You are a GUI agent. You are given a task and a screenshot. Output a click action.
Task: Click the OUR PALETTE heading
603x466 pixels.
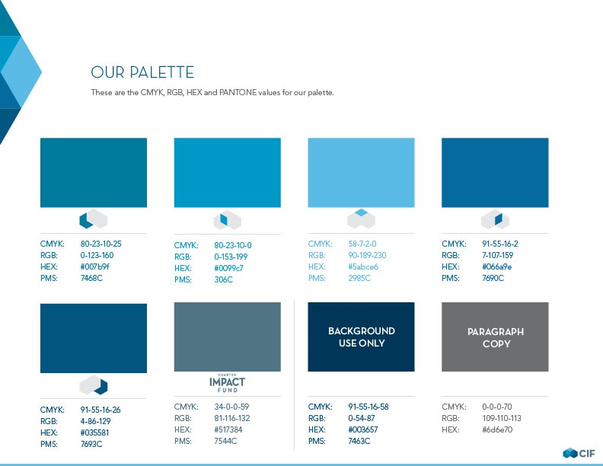click(142, 72)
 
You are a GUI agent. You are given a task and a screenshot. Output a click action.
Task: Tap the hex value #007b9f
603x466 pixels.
click(95, 267)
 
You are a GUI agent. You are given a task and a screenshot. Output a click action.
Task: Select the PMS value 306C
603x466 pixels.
click(223, 279)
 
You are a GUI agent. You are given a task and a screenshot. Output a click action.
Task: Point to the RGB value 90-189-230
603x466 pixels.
click(367, 255)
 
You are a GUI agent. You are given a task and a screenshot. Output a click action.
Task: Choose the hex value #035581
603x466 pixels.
click(94, 432)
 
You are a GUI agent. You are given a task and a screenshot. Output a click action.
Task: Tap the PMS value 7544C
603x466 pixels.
click(225, 441)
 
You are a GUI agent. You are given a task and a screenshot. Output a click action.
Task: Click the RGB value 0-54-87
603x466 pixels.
click(362, 418)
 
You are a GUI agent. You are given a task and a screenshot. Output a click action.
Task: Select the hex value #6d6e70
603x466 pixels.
click(497, 429)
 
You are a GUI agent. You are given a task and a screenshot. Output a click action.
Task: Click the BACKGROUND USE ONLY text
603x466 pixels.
click(362, 337)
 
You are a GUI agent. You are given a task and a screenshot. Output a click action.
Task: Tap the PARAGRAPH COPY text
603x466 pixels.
click(496, 337)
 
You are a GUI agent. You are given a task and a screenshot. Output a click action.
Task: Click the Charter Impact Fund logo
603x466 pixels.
click(228, 383)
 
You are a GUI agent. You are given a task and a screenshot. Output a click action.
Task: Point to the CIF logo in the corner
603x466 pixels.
click(579, 453)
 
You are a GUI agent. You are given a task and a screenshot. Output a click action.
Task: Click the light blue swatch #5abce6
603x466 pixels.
click(361, 173)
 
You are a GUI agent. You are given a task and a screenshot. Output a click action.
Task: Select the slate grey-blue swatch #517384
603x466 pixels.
click(228, 337)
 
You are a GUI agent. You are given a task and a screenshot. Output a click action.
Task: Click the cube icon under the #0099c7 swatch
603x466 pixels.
click(228, 220)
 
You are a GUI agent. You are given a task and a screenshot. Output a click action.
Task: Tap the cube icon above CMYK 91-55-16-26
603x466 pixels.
click(94, 385)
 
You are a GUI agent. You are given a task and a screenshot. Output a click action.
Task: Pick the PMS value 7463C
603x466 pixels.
click(359, 441)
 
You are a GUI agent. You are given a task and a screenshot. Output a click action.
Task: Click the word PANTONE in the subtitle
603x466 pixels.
click(238, 92)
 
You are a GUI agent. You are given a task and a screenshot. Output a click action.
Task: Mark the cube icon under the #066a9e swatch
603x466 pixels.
click(495, 219)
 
